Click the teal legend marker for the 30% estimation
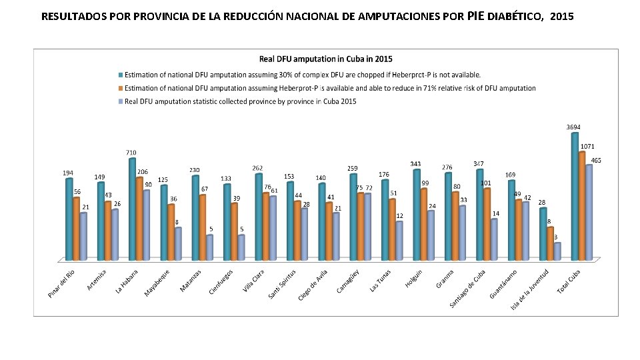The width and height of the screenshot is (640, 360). coord(121,75)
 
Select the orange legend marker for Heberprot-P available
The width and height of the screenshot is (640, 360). coord(121,88)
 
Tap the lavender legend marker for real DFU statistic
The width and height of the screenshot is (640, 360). coord(121,101)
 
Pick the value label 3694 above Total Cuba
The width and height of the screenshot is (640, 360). coord(573,127)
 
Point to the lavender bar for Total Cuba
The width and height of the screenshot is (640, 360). coord(589,212)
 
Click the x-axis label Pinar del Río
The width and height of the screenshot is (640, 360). coord(62,283)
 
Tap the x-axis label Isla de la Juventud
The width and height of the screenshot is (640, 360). coord(531,289)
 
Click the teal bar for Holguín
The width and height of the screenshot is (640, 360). coord(417,215)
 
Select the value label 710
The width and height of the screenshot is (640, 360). coord(131,153)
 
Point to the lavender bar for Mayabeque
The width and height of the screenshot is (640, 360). coord(178,243)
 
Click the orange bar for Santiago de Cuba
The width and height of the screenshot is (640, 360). coord(487,224)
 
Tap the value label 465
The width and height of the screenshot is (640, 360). coord(596,160)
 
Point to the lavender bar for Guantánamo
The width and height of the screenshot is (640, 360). coord(525,231)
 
